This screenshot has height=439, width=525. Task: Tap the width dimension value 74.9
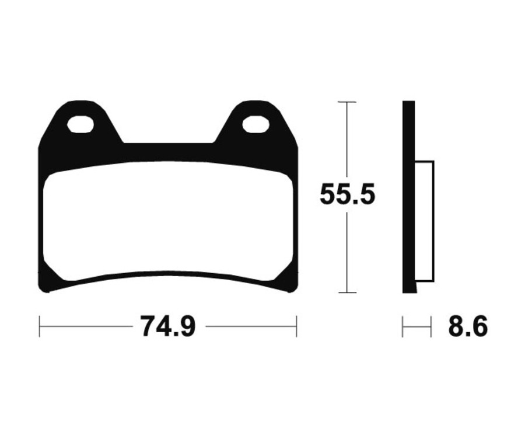167,326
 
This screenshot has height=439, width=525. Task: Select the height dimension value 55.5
347,195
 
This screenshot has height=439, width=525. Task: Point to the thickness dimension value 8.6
468,326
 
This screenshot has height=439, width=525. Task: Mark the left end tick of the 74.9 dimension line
40,326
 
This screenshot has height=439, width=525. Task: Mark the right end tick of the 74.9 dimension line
296,326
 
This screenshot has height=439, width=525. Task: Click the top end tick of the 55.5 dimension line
347,102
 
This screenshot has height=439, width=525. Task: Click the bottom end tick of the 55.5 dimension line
347,292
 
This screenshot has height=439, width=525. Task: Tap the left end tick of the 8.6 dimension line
402,326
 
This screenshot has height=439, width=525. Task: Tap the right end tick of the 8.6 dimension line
430,326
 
